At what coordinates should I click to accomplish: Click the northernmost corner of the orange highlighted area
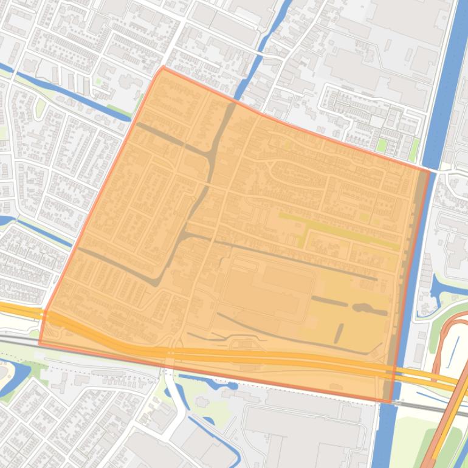[x=162, y=67]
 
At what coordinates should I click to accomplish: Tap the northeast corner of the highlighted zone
[x=428, y=171]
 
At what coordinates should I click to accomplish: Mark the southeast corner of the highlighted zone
[x=391, y=402]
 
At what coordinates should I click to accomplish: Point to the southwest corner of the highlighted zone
[x=40, y=344]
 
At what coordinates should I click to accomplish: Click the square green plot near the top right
[x=382, y=145]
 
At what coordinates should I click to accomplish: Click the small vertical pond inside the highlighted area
[x=339, y=332]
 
